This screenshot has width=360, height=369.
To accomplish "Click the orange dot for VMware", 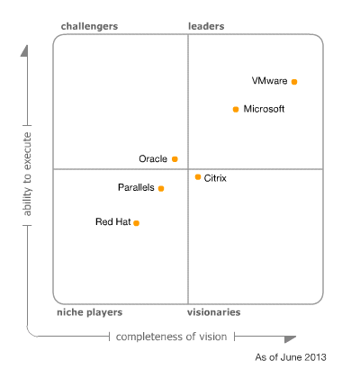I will [x=294, y=81].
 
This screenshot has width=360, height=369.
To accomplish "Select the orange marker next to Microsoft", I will [x=236, y=109].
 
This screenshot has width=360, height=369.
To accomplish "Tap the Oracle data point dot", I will [x=175, y=158].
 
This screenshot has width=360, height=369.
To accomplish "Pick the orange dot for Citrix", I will [x=198, y=177].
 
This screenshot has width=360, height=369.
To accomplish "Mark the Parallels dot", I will [x=161, y=188].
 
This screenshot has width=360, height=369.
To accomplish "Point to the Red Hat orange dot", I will [x=137, y=222].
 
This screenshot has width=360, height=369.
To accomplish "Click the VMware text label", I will [x=270, y=81].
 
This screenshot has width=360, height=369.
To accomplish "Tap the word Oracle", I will [x=153, y=158].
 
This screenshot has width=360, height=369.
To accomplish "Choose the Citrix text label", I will [x=216, y=178].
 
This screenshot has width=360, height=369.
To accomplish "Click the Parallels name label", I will [x=135, y=188].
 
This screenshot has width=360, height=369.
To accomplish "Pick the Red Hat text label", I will [x=112, y=221].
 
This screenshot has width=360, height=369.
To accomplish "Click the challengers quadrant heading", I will [x=89, y=26].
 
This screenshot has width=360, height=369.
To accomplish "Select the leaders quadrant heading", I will [x=206, y=26].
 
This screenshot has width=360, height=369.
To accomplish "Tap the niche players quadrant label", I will [x=89, y=312].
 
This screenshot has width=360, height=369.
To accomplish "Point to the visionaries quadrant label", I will [x=213, y=312].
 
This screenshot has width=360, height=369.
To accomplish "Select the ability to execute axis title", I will [x=28, y=174].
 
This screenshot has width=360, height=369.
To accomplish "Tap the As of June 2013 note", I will [x=290, y=357].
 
